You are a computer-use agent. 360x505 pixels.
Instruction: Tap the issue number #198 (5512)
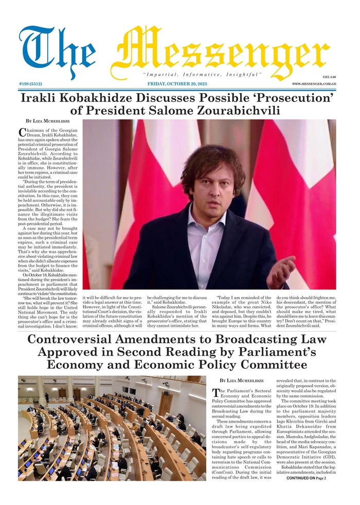31,83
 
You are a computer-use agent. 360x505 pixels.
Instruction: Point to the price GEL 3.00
329,76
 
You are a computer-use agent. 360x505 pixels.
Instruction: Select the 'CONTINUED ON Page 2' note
306,478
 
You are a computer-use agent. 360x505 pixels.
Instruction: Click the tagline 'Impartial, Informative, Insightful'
202,75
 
